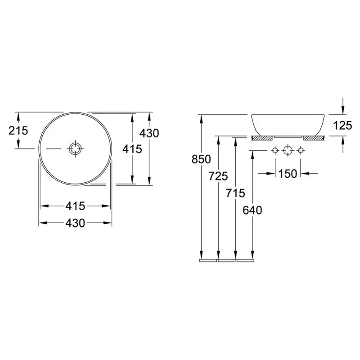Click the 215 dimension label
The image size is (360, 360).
pyautogui.click(x=18, y=130)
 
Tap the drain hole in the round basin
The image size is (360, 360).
pyautogui.click(x=75, y=149)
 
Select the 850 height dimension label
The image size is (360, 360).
pyautogui.click(x=201, y=159)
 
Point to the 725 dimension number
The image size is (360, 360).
pyautogui.click(x=218, y=176)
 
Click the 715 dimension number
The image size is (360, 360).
pyautogui.click(x=235, y=193)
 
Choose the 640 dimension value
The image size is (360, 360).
pyautogui.click(x=252, y=210)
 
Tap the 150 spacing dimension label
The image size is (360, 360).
pyautogui.click(x=288, y=174)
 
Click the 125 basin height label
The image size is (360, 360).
pyautogui.click(x=342, y=126)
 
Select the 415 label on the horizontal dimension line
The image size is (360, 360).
pyautogui.click(x=75, y=206)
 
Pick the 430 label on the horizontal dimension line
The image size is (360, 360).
pyautogui.click(x=75, y=223)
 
